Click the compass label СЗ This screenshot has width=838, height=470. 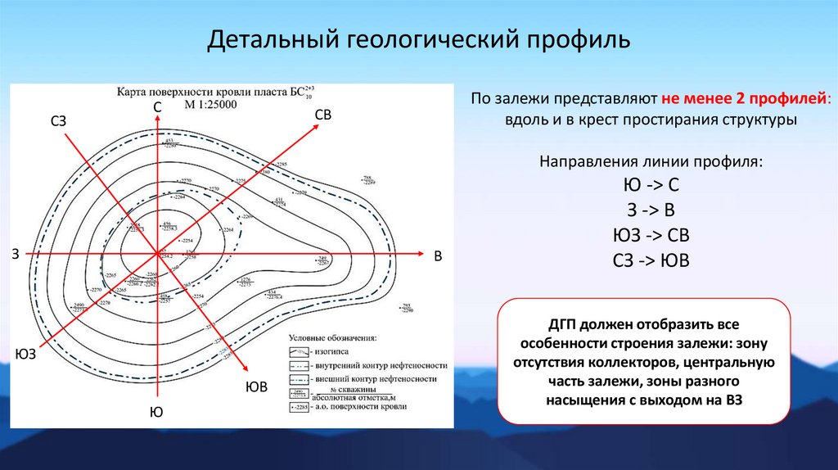(57, 122)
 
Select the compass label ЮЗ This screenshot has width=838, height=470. (25, 355)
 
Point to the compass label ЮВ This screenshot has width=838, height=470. (257, 386)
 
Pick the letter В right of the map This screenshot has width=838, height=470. (438, 257)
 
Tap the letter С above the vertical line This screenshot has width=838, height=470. (157, 108)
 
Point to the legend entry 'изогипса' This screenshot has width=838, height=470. (331, 350)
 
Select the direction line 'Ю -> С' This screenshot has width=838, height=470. (651, 184)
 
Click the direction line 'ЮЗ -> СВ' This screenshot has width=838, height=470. (651, 236)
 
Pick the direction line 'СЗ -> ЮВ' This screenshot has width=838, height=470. (651, 261)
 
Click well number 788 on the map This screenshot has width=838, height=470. (367, 178)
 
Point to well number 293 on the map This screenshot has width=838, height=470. (406, 306)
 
